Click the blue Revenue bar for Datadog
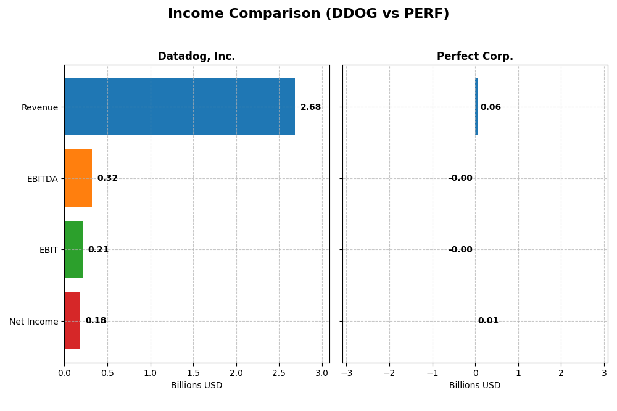tap(179, 107)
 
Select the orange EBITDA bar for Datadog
tap(78, 178)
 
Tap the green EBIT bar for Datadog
tap(73, 249)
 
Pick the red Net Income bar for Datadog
tap(72, 320)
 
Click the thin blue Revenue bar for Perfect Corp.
tap(476, 107)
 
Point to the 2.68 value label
tap(310, 107)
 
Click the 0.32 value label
tap(107, 178)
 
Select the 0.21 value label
tap(98, 250)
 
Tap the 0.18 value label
tap(96, 321)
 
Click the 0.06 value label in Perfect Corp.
tap(491, 107)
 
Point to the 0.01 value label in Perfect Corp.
tap(488, 321)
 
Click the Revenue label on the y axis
tap(39, 108)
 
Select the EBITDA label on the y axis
tap(42, 179)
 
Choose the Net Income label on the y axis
tap(33, 322)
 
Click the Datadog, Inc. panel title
tap(196, 57)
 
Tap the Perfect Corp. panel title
tap(474, 57)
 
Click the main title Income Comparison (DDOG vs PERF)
tap(308, 14)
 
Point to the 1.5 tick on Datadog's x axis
tap(193, 373)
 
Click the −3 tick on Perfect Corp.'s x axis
tap(346, 373)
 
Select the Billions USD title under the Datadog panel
tap(196, 386)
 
